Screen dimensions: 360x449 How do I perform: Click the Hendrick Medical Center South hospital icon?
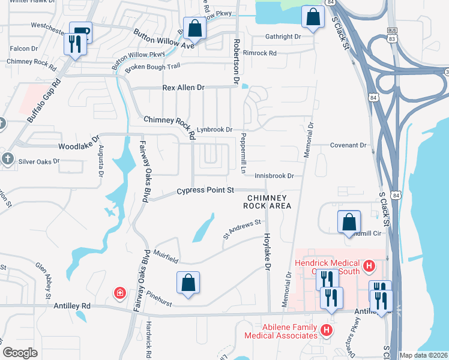tap(370, 265)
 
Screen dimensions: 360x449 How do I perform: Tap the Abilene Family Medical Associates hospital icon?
tap(326, 330)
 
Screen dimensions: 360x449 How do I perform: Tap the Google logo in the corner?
tap(20, 353)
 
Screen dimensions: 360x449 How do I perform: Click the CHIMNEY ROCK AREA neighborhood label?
tap(267, 202)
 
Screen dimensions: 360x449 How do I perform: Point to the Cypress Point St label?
tap(205, 191)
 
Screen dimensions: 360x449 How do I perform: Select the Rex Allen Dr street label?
tap(183, 88)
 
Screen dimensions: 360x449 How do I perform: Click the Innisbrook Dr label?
tap(274, 176)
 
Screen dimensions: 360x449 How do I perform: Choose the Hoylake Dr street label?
tap(267, 251)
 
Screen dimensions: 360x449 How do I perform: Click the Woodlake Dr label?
tap(79, 146)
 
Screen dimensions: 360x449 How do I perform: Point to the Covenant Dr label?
tap(348, 145)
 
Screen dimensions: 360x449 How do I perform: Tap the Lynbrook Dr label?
tap(214, 129)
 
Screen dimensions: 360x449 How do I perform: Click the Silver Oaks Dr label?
tap(40, 161)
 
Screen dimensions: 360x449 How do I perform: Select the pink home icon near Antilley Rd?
tap(120, 293)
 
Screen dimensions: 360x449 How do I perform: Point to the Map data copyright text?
tap(423, 355)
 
